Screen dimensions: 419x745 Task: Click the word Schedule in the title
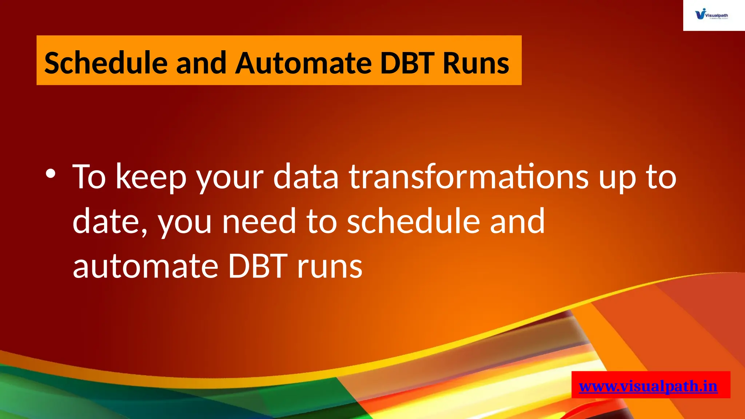[x=105, y=63]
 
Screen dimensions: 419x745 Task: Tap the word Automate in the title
[x=303, y=63]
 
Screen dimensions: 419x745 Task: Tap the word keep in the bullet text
[x=151, y=177]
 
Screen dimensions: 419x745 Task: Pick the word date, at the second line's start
[x=109, y=222]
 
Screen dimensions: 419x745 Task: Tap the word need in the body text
[x=259, y=222]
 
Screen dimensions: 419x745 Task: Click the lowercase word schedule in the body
[x=413, y=221]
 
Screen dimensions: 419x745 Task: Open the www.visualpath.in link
[x=648, y=386]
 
